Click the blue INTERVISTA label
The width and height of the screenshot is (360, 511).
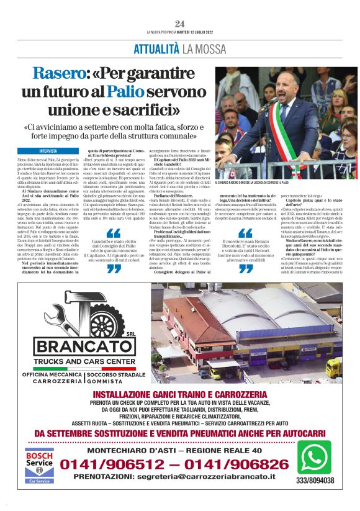(x=48, y=151)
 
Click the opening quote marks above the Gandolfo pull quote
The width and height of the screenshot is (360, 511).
(x=114, y=233)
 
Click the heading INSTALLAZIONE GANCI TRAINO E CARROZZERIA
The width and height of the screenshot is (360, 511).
(x=179, y=393)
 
